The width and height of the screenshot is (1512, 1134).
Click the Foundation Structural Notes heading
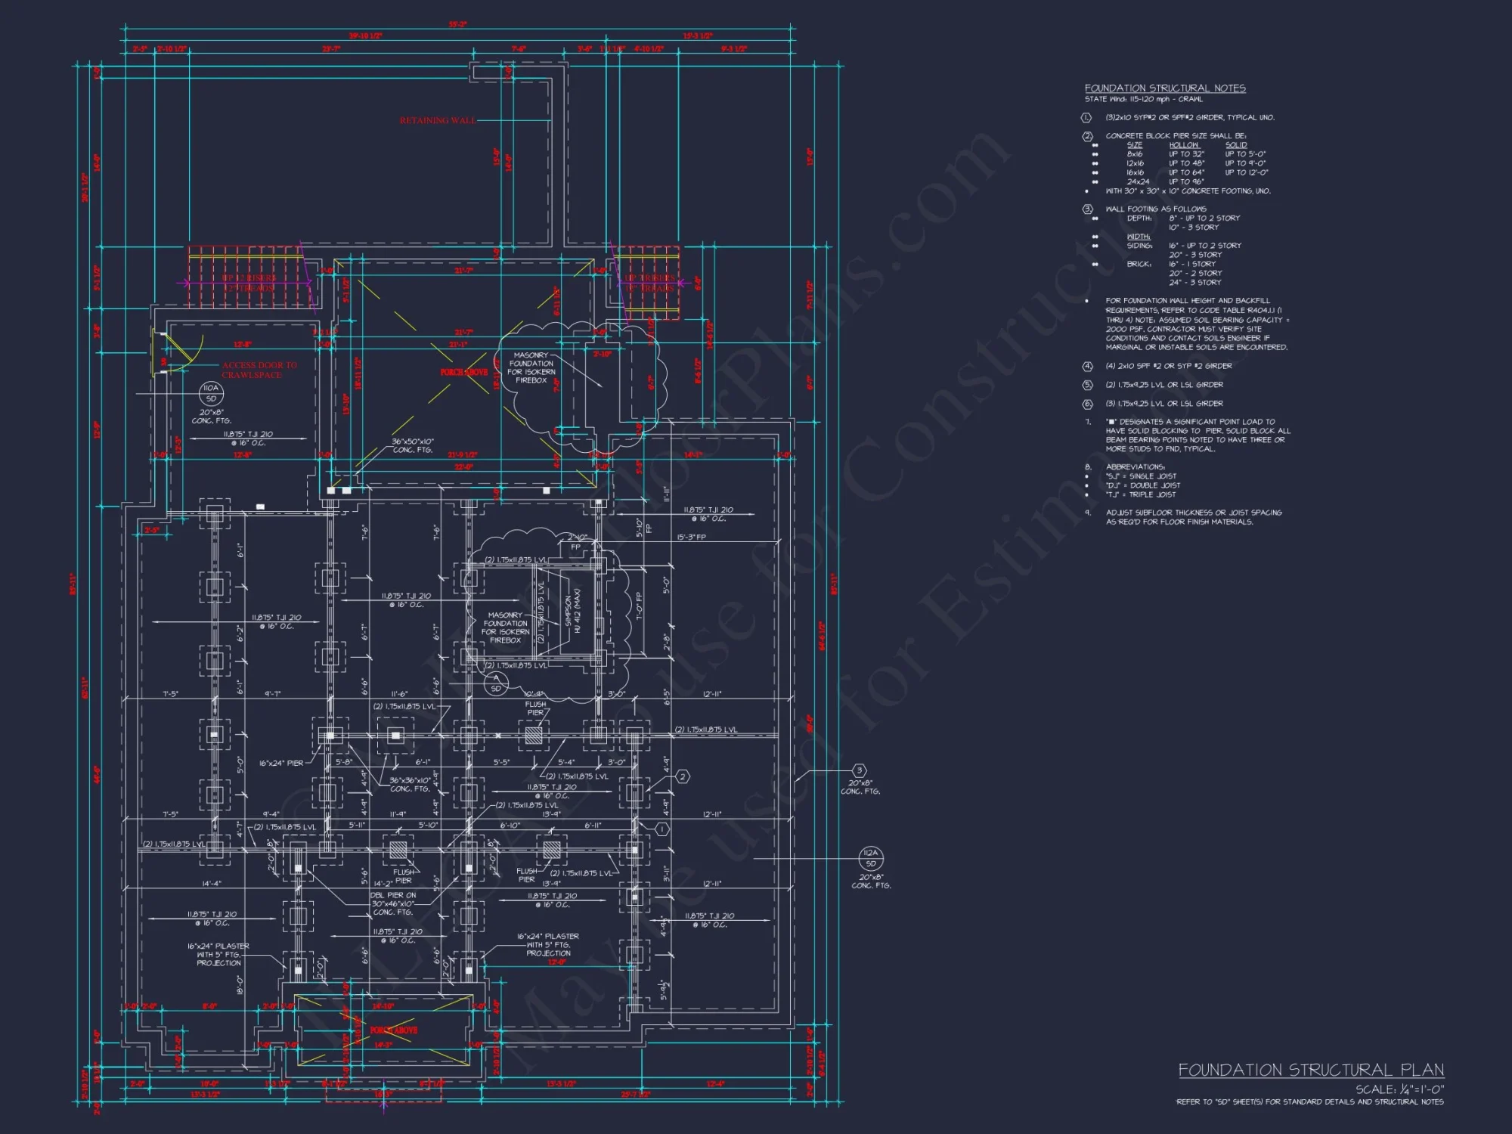tap(1165, 88)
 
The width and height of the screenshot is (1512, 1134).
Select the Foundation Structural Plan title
tap(1311, 1070)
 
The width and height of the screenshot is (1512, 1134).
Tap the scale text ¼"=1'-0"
tap(1399, 1089)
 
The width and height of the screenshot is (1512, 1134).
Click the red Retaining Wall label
tap(438, 120)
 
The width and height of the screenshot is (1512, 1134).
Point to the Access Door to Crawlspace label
tap(259, 370)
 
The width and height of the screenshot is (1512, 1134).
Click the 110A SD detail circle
tap(211, 393)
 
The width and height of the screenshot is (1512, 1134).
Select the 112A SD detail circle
tap(871, 858)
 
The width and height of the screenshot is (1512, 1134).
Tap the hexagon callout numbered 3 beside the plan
tap(859, 771)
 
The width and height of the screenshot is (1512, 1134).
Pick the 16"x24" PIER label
tap(281, 764)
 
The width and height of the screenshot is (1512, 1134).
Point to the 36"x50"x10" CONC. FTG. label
tap(412, 445)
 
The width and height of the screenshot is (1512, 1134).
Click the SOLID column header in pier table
tap(1236, 145)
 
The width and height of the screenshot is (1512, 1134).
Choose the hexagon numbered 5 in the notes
tap(1087, 385)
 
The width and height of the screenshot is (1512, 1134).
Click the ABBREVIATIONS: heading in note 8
tap(1135, 467)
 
